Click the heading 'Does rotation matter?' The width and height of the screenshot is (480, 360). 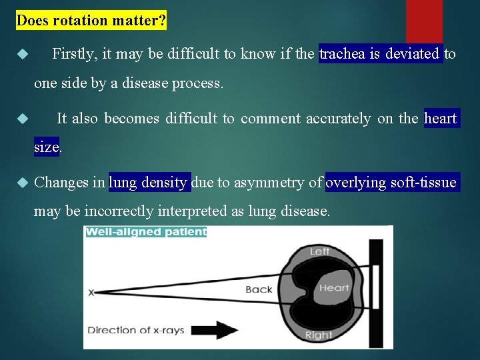click(x=91, y=21)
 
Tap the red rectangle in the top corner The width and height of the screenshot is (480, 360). click(x=424, y=20)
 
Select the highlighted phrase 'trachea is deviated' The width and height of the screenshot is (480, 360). click(x=380, y=54)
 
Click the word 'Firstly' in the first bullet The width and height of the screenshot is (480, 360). click(x=73, y=54)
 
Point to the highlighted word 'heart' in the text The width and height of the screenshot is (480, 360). click(x=441, y=119)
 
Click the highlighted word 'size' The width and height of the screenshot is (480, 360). click(x=47, y=147)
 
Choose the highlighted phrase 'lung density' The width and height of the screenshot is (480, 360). click(x=149, y=182)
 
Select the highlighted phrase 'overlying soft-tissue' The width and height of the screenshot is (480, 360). click(x=391, y=182)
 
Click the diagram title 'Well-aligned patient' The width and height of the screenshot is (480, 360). click(x=145, y=232)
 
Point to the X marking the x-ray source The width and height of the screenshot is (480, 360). click(x=91, y=292)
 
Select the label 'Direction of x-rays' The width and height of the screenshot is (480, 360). click(x=136, y=330)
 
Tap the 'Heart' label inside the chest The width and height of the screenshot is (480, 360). click(x=333, y=288)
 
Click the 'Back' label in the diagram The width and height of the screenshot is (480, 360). click(x=259, y=289)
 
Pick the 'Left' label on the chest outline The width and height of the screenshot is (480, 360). click(x=319, y=251)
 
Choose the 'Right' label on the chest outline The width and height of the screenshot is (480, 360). click(x=318, y=335)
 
